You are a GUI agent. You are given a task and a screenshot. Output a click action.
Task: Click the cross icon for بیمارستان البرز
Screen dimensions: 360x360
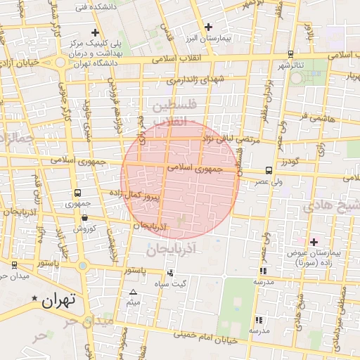(x=207, y=27)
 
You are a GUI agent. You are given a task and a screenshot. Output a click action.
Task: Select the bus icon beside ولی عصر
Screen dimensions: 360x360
(x=269, y=170)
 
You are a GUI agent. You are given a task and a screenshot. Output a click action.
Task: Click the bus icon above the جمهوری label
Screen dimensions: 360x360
(x=77, y=193)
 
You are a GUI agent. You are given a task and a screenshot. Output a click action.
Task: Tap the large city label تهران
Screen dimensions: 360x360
(x=58, y=302)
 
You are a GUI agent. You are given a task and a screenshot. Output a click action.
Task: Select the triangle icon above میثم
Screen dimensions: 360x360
(x=134, y=292)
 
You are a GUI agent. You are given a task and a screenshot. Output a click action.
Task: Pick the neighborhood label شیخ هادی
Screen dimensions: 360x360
(x=330, y=207)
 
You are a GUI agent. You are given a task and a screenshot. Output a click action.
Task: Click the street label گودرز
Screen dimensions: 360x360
(x=289, y=163)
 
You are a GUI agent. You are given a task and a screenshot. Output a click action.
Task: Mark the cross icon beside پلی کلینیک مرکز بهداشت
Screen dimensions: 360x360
(x=95, y=32)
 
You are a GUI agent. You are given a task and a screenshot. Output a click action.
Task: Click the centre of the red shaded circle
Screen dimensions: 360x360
(x=180, y=180)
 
